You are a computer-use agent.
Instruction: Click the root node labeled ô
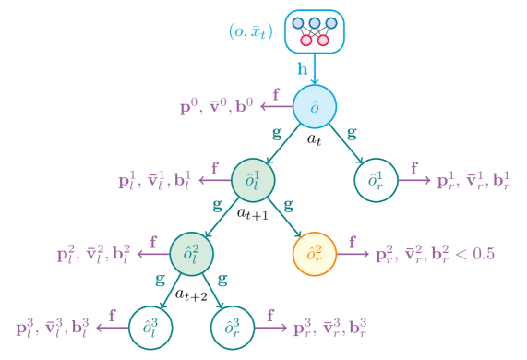pyautogui.click(x=315, y=108)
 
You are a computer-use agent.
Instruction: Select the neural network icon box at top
pyautogui.click(x=315, y=30)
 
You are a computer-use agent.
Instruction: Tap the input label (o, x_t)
pyautogui.click(x=251, y=30)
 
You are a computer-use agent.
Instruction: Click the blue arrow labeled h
pyautogui.click(x=315, y=69)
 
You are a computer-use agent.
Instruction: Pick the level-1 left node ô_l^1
pyautogui.click(x=253, y=181)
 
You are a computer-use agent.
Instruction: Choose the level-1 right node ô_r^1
pyautogui.click(x=377, y=181)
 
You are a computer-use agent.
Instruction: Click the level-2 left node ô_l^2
pyautogui.click(x=192, y=253)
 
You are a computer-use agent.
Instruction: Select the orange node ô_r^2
pyautogui.click(x=315, y=253)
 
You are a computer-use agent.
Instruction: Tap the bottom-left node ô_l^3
pyautogui.click(x=150, y=328)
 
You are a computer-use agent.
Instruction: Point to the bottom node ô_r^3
pyautogui.click(x=233, y=328)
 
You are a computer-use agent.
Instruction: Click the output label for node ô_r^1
pyautogui.click(x=473, y=181)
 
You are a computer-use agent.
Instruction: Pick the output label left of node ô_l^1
pyautogui.click(x=155, y=181)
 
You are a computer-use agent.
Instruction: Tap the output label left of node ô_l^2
pyautogui.click(x=94, y=253)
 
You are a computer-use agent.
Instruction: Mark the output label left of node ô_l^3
pyautogui.click(x=53, y=328)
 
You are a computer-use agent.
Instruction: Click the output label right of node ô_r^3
pyautogui.click(x=329, y=328)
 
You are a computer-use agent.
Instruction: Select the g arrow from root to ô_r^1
pyautogui.click(x=348, y=146)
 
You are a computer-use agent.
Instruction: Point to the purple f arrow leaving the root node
pyautogui.click(x=275, y=107)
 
